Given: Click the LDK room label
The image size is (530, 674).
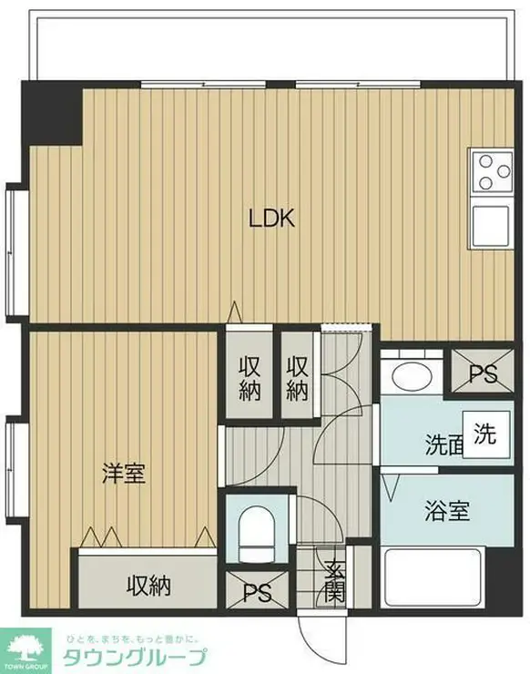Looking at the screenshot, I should (x=271, y=219).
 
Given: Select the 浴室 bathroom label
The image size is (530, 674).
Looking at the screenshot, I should (x=446, y=511).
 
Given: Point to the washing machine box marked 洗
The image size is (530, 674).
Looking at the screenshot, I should (x=485, y=434).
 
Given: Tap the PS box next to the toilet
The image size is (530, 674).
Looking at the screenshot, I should (x=257, y=592).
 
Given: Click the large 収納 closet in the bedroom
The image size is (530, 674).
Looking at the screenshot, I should (x=148, y=585).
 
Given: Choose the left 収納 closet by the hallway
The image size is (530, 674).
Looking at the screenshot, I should (x=250, y=378).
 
